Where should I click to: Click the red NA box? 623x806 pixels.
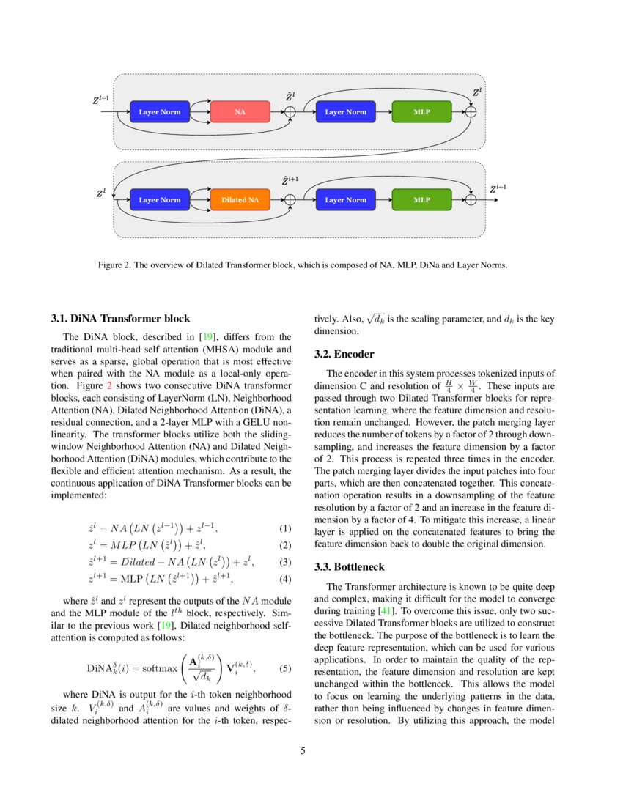[240, 112]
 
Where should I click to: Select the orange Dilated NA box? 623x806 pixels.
[240, 199]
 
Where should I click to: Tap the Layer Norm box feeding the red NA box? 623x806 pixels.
[159, 112]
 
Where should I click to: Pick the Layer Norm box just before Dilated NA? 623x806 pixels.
[159, 199]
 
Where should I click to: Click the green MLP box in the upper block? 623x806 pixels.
[421, 112]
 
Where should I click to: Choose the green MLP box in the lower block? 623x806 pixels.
[421, 199]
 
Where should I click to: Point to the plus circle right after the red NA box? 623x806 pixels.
[290, 112]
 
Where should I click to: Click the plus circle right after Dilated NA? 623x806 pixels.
[290, 199]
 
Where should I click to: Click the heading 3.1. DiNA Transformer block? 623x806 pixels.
[120, 318]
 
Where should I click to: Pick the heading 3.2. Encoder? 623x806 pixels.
[344, 354]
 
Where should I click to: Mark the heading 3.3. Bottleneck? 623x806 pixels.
[349, 567]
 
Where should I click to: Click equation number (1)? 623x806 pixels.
[285, 528]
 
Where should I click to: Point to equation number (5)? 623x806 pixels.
[285, 668]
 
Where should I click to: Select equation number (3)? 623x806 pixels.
[285, 562]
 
